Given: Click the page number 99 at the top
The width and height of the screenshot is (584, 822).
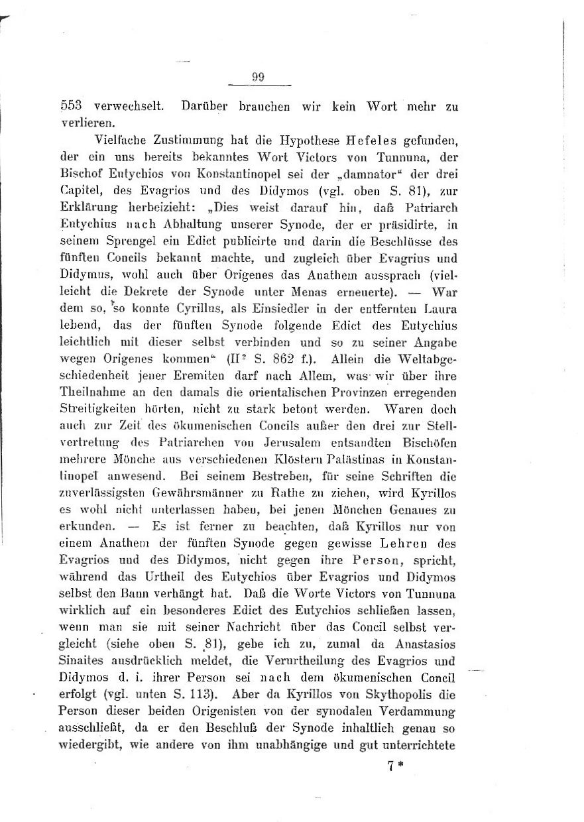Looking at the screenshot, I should click(x=259, y=77).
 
